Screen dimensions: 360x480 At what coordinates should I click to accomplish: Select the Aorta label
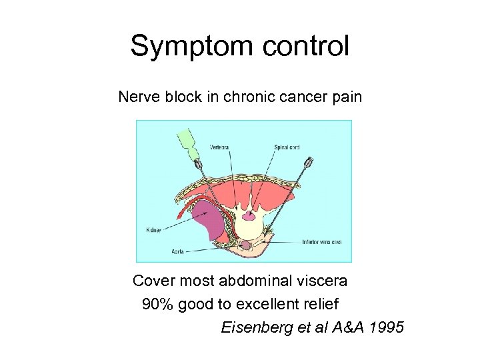click(177, 251)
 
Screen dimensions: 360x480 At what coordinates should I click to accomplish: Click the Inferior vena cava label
click(321, 241)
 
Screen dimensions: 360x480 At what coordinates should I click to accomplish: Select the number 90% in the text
click(158, 305)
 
